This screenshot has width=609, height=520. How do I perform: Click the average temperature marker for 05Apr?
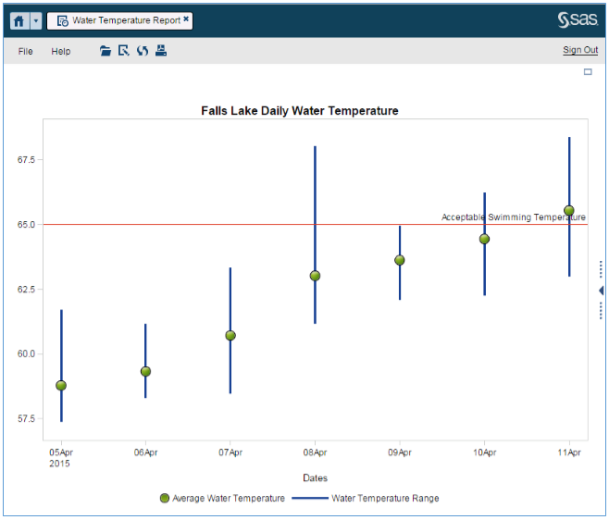click(61, 385)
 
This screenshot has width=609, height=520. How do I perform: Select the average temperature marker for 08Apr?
click(315, 276)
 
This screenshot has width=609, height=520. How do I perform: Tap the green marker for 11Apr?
click(569, 211)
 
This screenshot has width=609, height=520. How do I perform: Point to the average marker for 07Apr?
click(230, 335)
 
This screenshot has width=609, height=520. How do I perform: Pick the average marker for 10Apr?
click(484, 239)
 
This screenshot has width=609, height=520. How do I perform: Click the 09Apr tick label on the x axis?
click(400, 452)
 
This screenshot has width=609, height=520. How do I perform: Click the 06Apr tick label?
click(145, 452)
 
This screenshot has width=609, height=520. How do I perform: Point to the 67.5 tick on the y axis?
click(26, 159)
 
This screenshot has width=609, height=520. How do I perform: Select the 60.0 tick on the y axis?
click(26, 353)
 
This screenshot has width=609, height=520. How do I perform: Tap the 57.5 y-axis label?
click(26, 418)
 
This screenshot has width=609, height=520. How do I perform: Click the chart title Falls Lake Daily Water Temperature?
click(300, 110)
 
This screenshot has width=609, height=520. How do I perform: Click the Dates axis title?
click(316, 477)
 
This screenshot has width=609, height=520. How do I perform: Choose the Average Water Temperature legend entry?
click(222, 498)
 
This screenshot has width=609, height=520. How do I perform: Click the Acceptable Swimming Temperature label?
click(513, 217)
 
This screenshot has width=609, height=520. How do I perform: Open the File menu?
click(26, 51)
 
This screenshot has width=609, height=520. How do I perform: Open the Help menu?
click(60, 51)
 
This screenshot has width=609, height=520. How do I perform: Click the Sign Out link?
click(580, 50)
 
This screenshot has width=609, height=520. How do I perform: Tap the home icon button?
click(19, 20)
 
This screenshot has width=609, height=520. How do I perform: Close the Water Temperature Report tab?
click(186, 19)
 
